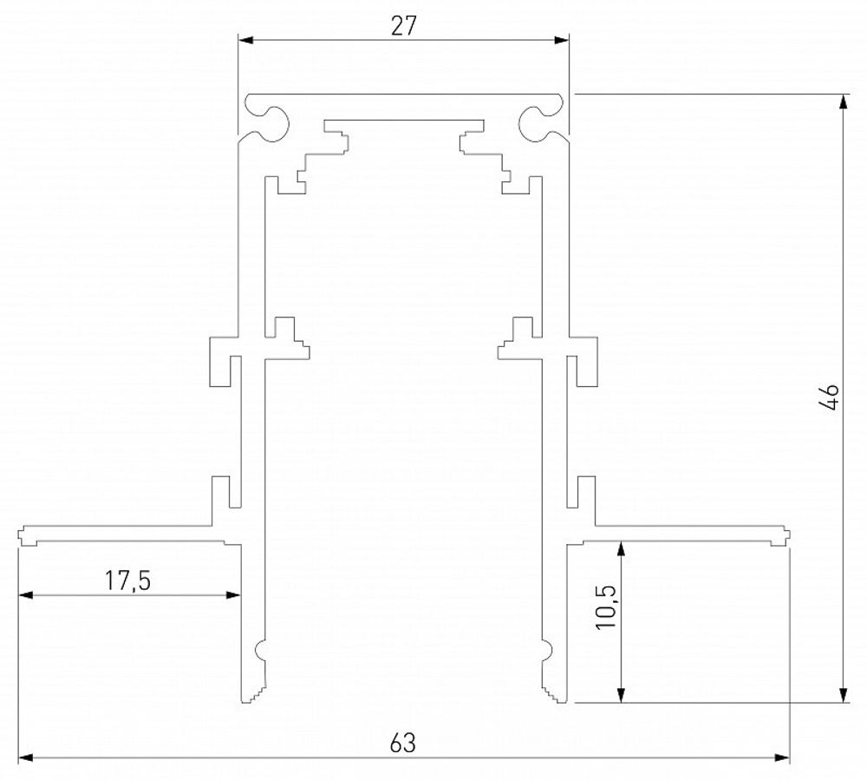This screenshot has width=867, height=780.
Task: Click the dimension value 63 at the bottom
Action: [x=404, y=744]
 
